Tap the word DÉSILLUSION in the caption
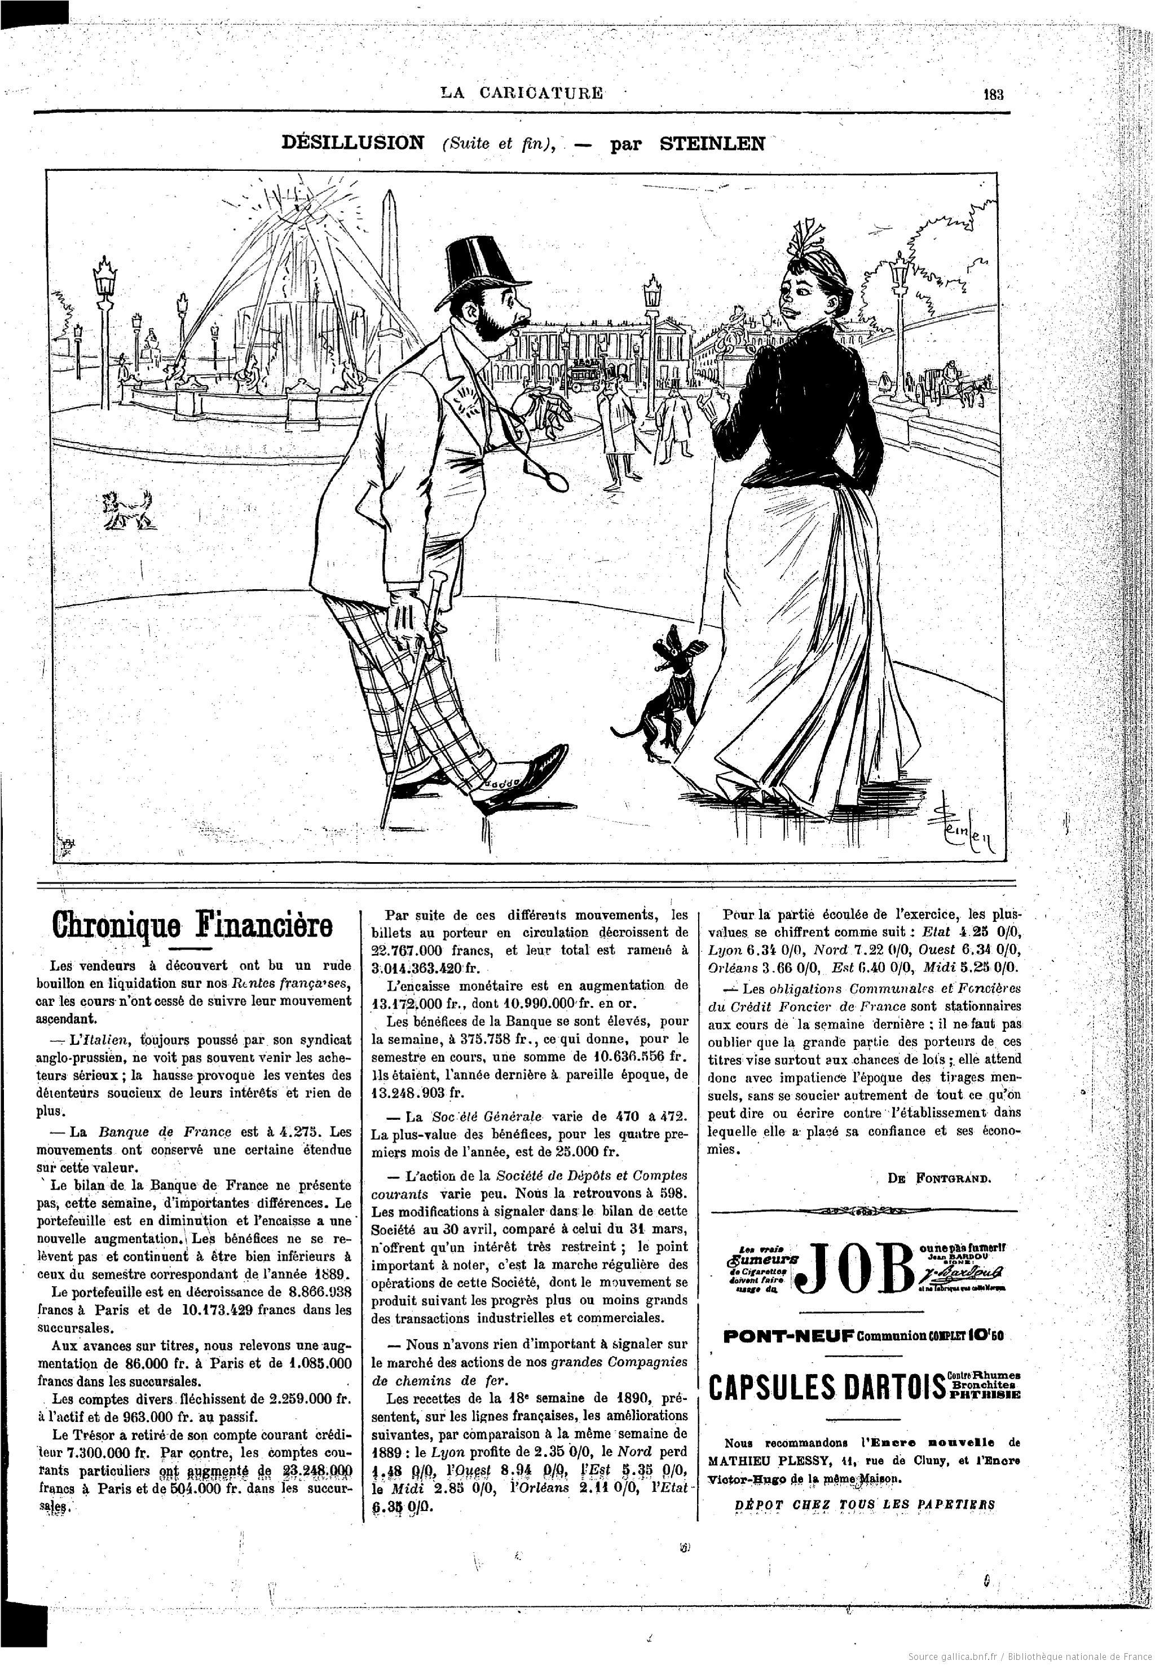[352, 143]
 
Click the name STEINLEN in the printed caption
[712, 143]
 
